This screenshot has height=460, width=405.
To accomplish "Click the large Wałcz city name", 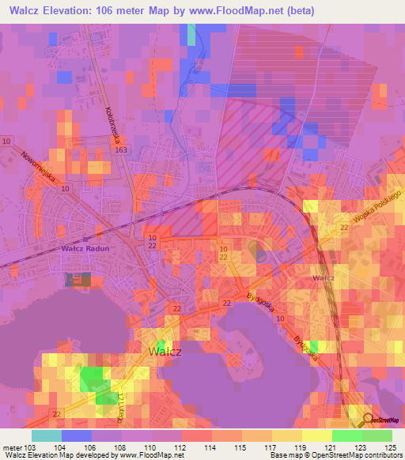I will (165, 351).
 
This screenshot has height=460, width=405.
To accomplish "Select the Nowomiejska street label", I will (38, 168).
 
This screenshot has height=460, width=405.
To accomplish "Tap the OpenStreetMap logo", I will (382, 420).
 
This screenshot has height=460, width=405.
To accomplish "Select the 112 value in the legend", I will (180, 447).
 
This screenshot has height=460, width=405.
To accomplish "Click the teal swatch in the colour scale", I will (47, 435).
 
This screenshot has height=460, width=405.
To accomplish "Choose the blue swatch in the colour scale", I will (77, 435).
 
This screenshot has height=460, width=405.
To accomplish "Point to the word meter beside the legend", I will (10, 447).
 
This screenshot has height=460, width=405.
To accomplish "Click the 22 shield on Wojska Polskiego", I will (344, 227).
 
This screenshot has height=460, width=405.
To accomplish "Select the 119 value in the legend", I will (301, 447).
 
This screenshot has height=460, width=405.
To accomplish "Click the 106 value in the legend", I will (90, 447).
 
